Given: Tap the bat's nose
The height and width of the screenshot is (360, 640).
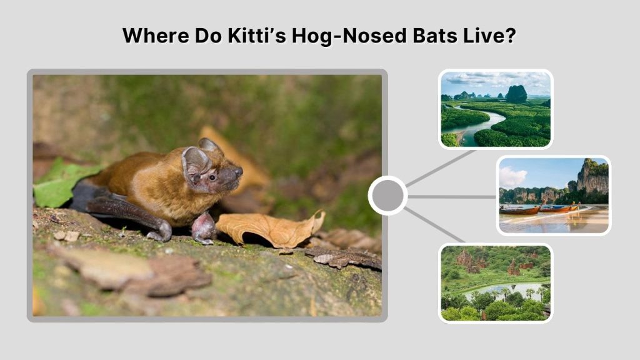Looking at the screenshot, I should tap(239, 170).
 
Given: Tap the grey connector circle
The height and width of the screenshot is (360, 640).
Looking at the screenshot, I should tap(387, 196).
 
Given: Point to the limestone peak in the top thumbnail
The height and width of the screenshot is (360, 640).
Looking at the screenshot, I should tap(516, 94).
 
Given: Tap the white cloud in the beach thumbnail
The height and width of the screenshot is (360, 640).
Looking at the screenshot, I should tap(512, 177).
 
